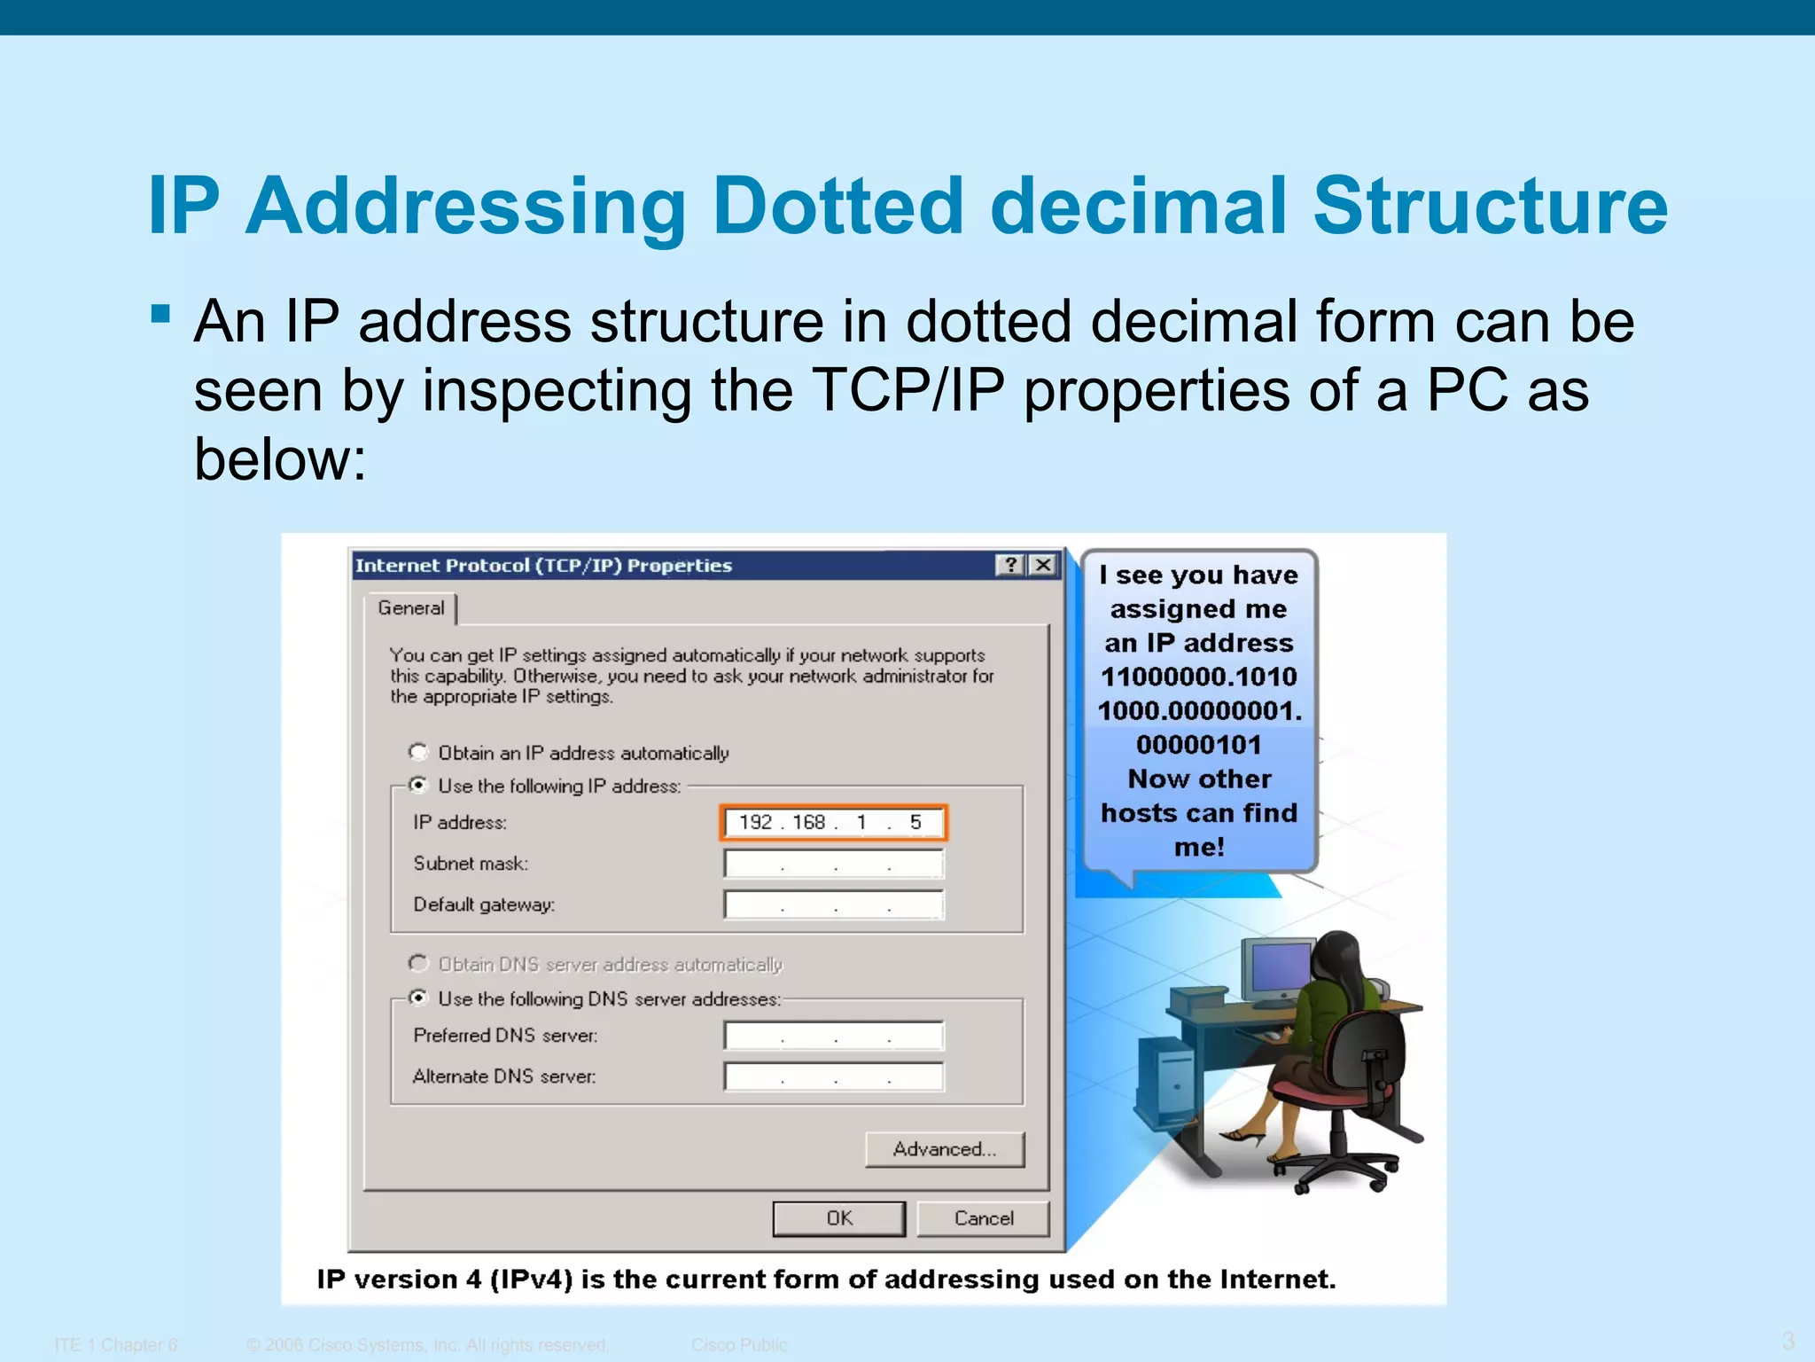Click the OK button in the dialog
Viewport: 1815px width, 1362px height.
(x=838, y=1218)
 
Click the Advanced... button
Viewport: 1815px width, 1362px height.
(x=944, y=1149)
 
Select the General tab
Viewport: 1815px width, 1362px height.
(x=410, y=608)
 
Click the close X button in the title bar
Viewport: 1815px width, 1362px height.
(x=1044, y=565)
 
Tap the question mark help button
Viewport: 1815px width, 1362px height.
(x=1010, y=565)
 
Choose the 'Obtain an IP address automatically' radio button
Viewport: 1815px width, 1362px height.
(x=418, y=752)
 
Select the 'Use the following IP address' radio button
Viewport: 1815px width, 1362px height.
(x=418, y=785)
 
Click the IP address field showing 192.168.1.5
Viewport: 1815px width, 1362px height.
(x=833, y=822)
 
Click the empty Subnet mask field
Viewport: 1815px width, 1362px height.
(x=833, y=864)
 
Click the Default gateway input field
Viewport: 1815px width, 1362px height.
(x=833, y=904)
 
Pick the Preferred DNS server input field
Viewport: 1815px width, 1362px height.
(x=833, y=1035)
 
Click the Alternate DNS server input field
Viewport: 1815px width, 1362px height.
(x=833, y=1076)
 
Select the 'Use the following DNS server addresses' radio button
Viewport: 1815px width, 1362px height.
(x=418, y=998)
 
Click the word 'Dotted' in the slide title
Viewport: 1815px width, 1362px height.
(x=837, y=206)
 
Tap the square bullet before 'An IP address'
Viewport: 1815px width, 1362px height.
(x=160, y=314)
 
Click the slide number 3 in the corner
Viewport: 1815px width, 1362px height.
(x=1788, y=1340)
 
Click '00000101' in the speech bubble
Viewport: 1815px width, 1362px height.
(x=1198, y=745)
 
